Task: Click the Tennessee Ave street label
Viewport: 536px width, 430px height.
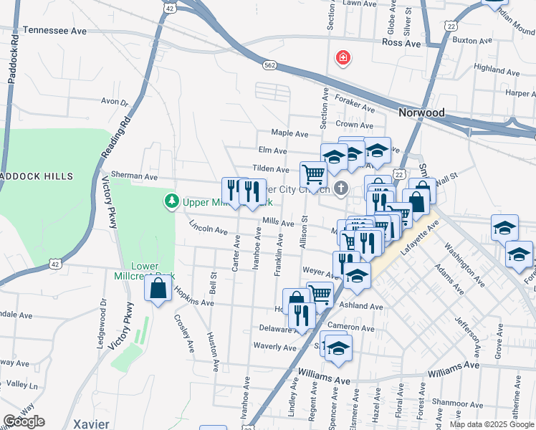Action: pos(54,31)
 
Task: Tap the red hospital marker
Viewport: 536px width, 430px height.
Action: pos(343,57)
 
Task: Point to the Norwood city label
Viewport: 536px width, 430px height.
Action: pos(421,113)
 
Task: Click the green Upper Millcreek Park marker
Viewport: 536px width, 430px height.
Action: pos(171,201)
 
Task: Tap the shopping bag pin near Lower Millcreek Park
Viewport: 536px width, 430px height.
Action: pos(158,289)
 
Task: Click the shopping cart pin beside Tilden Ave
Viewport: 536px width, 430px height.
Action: pos(313,173)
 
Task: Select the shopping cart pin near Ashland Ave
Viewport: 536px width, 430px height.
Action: pos(320,293)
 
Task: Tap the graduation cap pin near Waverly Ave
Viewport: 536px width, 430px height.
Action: pos(338,348)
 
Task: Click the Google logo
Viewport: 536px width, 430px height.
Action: pos(24,421)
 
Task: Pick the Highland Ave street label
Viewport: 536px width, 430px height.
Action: pos(497,70)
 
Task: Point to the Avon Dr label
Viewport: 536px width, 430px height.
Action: pos(114,102)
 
